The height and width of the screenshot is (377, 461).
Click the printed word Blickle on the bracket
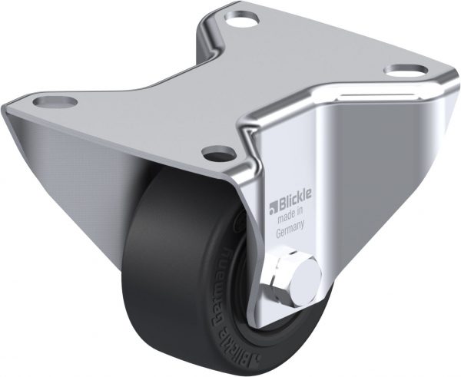tap(291, 204)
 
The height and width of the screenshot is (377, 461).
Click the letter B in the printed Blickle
tap(278, 204)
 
